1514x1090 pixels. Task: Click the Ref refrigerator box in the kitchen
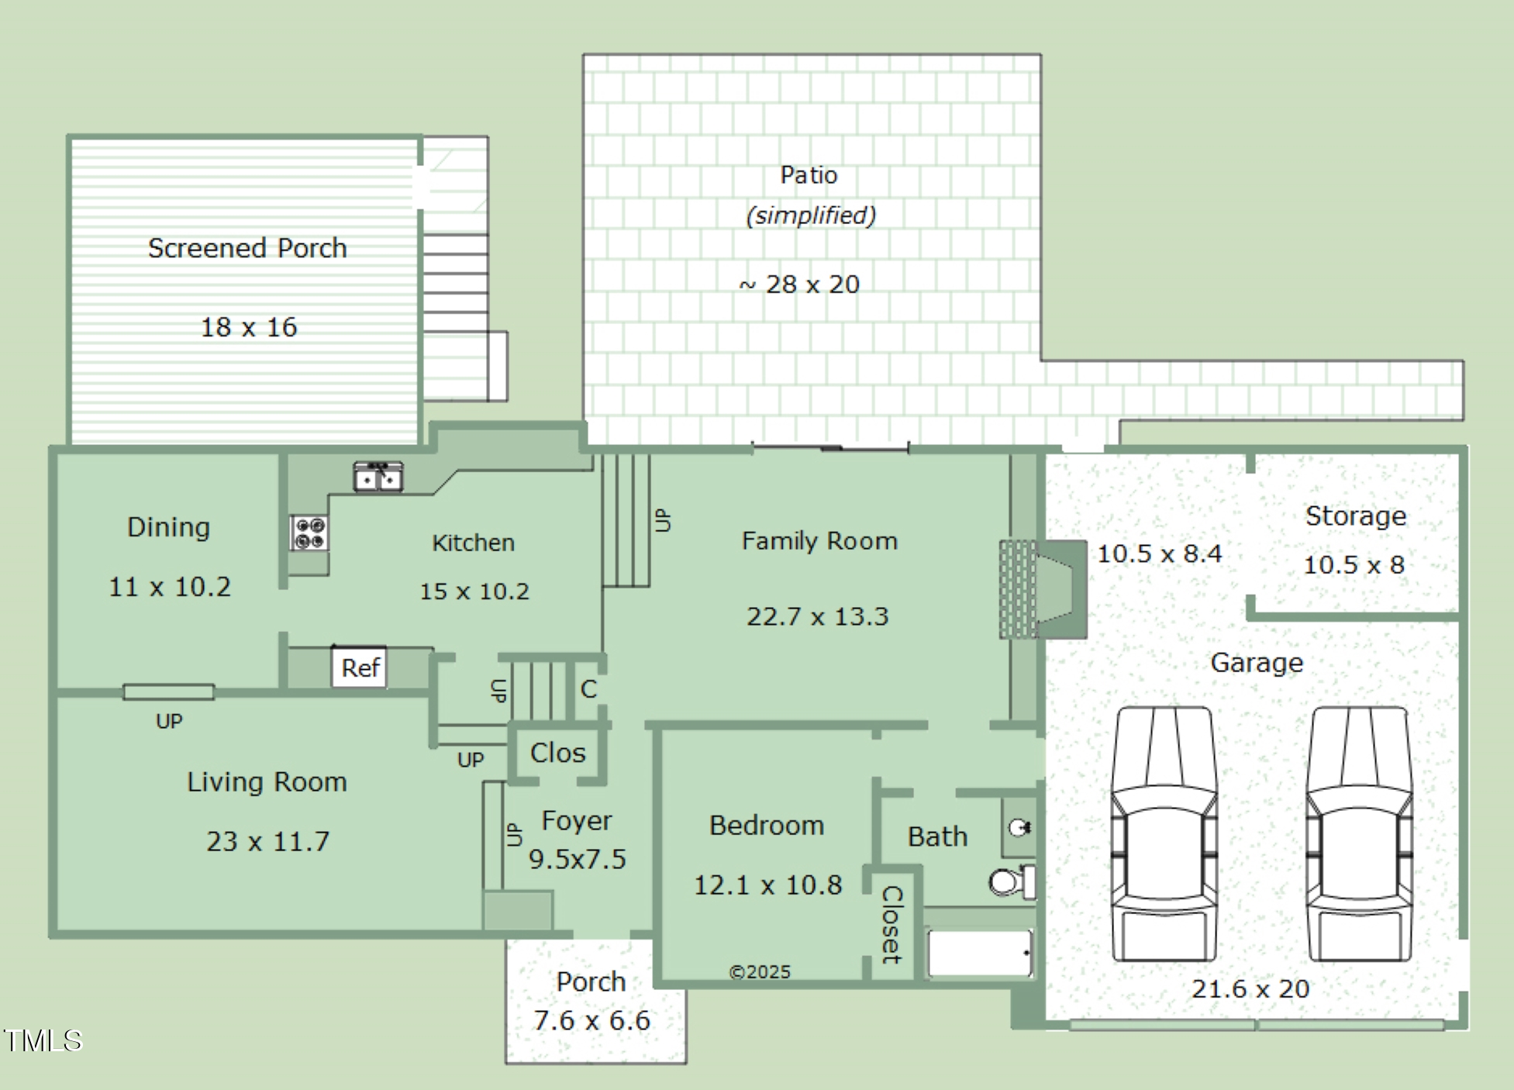click(359, 667)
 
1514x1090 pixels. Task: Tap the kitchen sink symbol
click(378, 477)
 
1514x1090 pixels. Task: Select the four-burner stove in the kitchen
click(309, 533)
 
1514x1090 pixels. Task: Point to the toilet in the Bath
click(1012, 881)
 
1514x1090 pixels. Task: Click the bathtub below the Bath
click(981, 953)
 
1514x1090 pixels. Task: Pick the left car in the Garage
click(1164, 834)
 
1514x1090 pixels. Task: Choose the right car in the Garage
click(1359, 834)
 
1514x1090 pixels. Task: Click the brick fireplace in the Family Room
click(1043, 589)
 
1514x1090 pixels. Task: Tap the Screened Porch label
click(247, 248)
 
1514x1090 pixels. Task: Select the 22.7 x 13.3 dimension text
click(817, 616)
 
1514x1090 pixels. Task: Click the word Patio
click(809, 174)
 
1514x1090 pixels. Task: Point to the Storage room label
click(1355, 516)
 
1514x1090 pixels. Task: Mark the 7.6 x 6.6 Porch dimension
click(591, 1020)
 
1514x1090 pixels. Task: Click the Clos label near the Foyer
click(558, 753)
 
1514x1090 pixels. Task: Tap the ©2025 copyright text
click(760, 972)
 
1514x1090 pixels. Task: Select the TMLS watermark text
click(43, 1040)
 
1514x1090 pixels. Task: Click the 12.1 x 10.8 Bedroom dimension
click(767, 885)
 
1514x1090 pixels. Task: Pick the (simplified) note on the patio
click(811, 215)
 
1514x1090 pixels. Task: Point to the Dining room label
click(168, 528)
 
